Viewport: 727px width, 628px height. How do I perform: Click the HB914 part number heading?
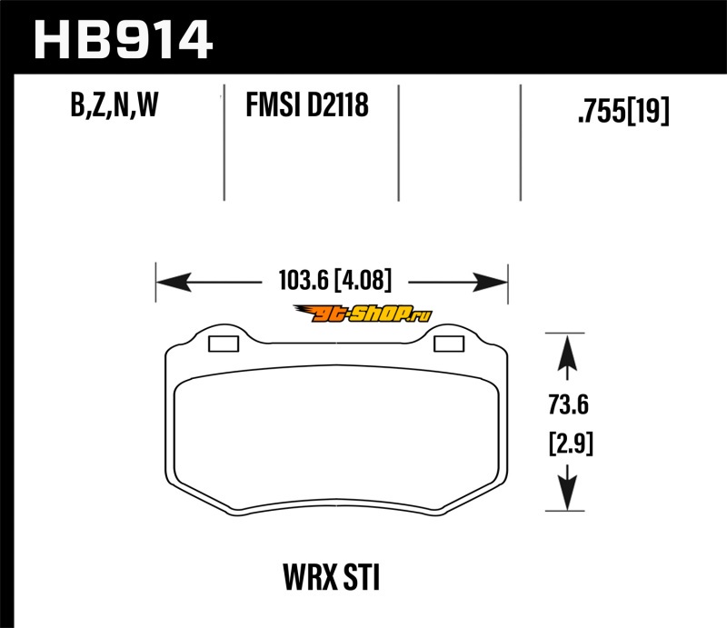pos(124,39)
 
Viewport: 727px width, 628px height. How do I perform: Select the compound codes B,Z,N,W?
pos(115,105)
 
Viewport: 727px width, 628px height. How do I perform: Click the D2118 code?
pos(337,105)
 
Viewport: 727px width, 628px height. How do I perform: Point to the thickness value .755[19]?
pos(623,111)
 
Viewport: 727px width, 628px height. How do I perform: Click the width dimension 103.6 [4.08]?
pos(335,280)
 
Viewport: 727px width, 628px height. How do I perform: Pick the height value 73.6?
pos(569,404)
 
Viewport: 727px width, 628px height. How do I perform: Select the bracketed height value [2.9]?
pos(571,444)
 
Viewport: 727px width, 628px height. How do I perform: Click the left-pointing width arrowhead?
pos(174,282)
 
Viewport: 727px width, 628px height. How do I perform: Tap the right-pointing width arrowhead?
pos(490,282)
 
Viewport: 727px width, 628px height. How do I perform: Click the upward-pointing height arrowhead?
pos(568,352)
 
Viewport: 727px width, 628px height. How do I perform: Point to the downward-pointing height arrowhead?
pos(568,493)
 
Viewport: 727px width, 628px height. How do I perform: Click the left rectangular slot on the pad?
pos(224,344)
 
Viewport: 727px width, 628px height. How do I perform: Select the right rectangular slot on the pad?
pos(449,344)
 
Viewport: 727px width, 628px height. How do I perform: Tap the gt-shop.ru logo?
pos(363,314)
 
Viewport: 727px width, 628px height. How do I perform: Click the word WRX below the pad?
pos(310,577)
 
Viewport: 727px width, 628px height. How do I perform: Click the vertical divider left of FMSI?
pos(224,143)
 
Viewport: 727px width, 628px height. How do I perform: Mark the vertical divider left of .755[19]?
pos(521,143)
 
